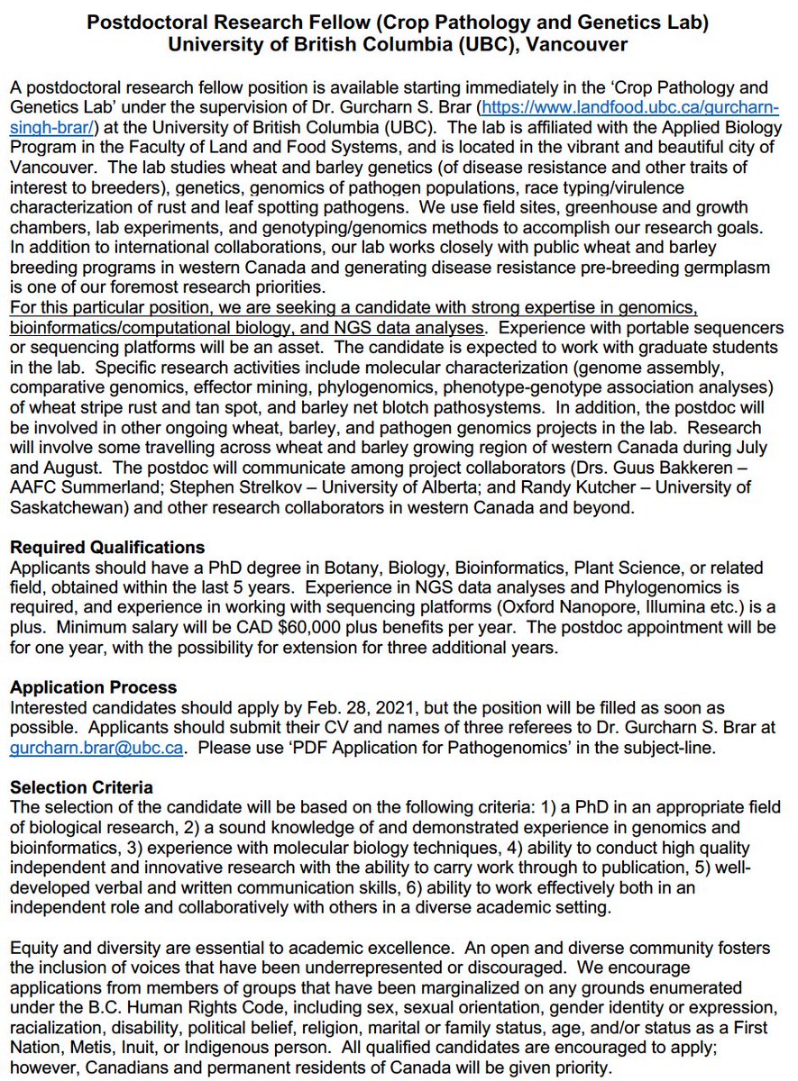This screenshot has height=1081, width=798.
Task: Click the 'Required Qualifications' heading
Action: pos(107,548)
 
